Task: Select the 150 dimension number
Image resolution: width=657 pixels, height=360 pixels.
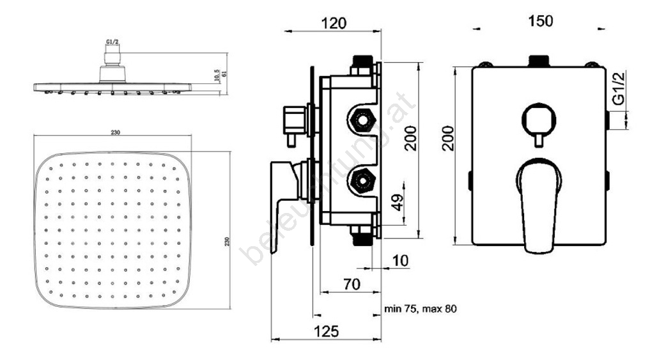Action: click(x=541, y=20)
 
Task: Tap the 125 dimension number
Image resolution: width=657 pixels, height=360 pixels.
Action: click(x=326, y=331)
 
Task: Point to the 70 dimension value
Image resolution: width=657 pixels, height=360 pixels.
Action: click(x=352, y=284)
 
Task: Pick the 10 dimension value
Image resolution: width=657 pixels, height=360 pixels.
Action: click(x=399, y=261)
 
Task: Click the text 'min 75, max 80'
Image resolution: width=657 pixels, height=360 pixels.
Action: click(x=421, y=309)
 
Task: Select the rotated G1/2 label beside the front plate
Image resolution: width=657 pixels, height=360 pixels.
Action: click(x=618, y=89)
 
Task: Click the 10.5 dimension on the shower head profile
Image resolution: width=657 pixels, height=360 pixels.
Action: click(x=217, y=75)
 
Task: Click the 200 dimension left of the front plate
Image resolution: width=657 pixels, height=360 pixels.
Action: click(x=449, y=137)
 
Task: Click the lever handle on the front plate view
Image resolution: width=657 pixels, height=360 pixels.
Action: click(x=539, y=205)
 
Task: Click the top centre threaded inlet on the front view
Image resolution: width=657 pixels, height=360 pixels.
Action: click(x=537, y=62)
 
